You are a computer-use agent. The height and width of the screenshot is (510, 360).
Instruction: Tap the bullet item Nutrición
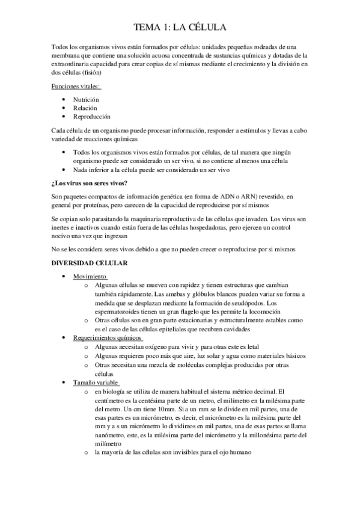coord(86,99)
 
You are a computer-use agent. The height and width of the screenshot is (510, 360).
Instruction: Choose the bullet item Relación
coord(85,108)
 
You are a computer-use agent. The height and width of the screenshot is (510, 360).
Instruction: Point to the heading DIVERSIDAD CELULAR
coord(89,263)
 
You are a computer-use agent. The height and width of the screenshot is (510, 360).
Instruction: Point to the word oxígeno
coord(157,347)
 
